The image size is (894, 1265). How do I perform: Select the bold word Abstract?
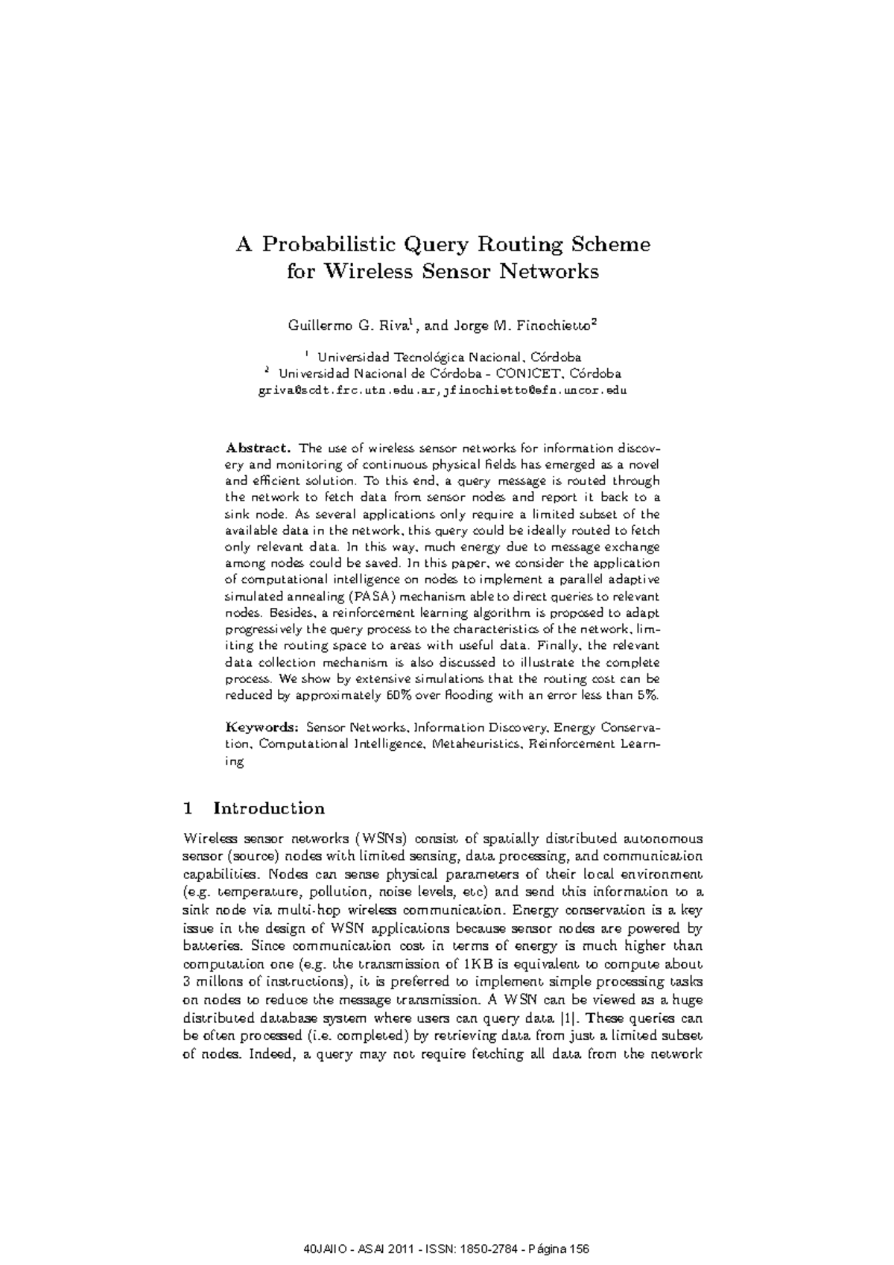tap(258, 448)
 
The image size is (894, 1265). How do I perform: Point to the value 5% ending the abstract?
tap(647, 695)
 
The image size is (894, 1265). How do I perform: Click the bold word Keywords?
tap(262, 727)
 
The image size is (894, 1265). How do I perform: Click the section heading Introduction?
tap(269, 808)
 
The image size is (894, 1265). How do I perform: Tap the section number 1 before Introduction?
tap(188, 808)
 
